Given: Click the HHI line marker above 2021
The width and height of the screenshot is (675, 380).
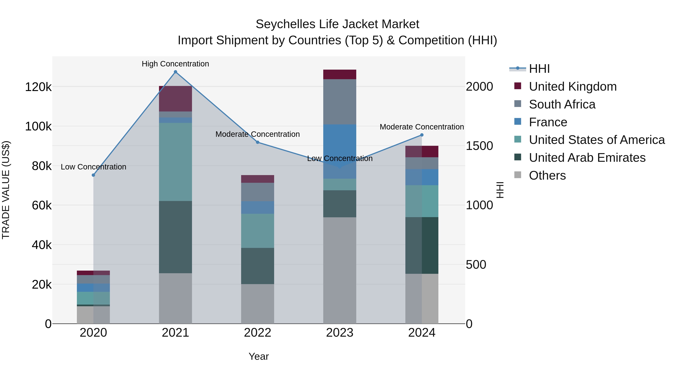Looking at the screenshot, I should [x=175, y=72].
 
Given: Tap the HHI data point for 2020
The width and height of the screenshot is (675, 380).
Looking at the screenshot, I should [x=93, y=175].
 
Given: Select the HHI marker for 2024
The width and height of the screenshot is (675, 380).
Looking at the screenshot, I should [x=422, y=135].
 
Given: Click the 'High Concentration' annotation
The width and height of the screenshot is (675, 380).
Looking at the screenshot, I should [x=175, y=64].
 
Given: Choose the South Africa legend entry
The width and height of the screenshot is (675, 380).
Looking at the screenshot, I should [x=562, y=104].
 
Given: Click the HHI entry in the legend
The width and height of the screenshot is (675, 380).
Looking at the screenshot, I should [x=539, y=69].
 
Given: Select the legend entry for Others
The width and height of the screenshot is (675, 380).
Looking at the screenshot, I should [x=547, y=175].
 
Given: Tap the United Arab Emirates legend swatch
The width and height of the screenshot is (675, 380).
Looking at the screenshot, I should [x=518, y=157].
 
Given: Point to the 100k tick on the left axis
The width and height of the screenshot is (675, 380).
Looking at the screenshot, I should [x=38, y=126].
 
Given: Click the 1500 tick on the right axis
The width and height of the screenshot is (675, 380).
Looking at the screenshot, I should [x=479, y=146].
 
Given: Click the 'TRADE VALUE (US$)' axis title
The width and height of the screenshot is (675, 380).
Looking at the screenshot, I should [x=6, y=190].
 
